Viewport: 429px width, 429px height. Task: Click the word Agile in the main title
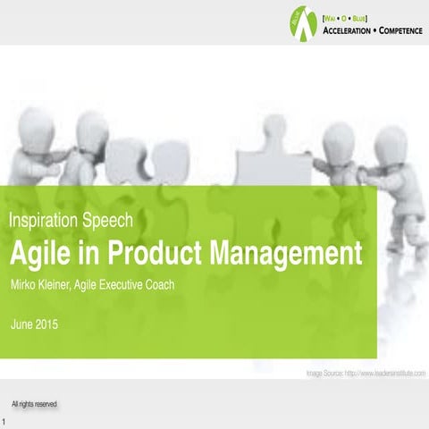click(39, 253)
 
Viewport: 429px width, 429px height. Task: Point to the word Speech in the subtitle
click(109, 219)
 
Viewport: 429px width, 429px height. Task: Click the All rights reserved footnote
click(35, 404)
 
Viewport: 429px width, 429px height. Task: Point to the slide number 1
click(5, 421)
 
